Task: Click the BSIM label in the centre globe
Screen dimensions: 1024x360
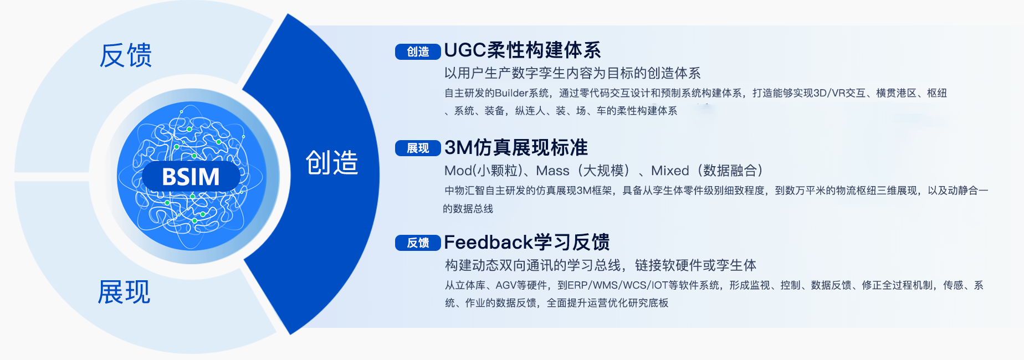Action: (191, 177)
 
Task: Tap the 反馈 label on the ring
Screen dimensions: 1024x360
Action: (126, 55)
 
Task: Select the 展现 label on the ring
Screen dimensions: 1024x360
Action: (124, 292)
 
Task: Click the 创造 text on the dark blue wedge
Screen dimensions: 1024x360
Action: (332, 163)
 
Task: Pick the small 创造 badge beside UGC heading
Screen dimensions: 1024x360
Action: (418, 52)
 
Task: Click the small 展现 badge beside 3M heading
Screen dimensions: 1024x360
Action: (418, 148)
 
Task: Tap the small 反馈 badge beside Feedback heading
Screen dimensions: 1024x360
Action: (418, 243)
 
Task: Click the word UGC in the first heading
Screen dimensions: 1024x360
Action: (465, 50)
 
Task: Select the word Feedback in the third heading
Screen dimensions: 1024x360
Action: (488, 242)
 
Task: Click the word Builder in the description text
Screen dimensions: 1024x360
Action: (511, 93)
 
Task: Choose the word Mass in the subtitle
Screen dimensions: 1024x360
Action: (552, 171)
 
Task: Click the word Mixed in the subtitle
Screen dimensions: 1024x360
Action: (670, 171)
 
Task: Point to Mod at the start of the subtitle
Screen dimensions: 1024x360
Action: (458, 171)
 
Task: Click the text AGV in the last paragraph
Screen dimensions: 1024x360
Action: (506, 285)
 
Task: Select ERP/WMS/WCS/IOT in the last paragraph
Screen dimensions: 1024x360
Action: (618, 285)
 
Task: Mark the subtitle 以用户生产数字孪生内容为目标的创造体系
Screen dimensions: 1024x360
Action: (572, 73)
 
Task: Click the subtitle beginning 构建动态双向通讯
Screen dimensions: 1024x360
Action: (601, 265)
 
